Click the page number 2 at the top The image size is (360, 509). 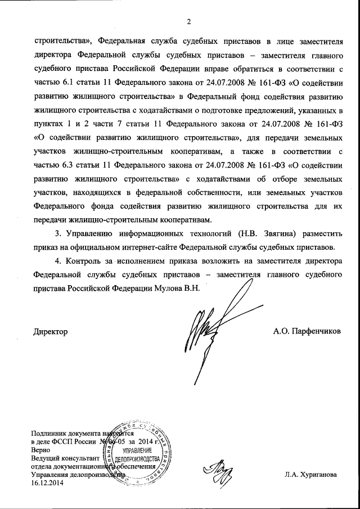[189, 22]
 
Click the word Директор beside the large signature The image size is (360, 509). [51, 332]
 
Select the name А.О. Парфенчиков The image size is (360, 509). [307, 332]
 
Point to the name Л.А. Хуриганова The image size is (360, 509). [310, 475]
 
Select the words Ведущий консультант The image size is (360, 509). [62, 459]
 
